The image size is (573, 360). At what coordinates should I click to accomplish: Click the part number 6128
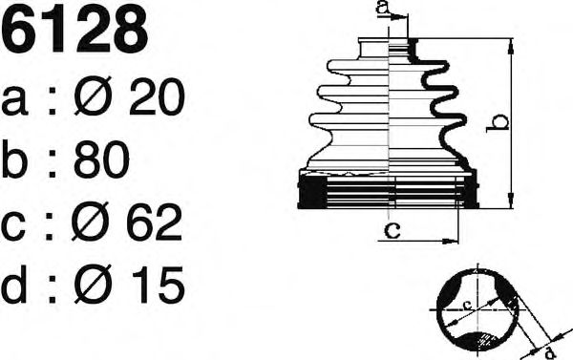click(74, 29)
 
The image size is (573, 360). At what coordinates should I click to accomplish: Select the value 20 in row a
click(157, 97)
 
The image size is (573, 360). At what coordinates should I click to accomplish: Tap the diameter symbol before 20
click(93, 96)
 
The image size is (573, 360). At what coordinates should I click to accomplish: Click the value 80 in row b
click(101, 159)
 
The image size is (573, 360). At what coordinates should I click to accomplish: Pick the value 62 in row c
click(154, 222)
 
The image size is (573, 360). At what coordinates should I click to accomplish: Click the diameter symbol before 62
click(91, 222)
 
